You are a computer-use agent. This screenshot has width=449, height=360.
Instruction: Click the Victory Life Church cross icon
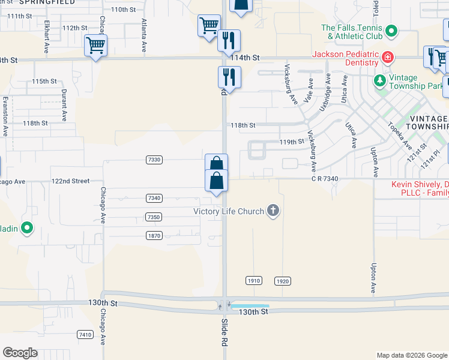[x=273, y=211]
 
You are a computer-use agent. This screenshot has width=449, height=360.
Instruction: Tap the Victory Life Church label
[x=229, y=211]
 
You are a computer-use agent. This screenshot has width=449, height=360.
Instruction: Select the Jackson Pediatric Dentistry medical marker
[x=388, y=58]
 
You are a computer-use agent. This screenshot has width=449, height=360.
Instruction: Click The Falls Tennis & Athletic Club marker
[x=391, y=30]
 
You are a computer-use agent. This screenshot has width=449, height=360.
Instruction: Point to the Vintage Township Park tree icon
[x=379, y=80]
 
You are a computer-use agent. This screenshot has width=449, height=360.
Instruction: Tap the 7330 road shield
[x=154, y=160]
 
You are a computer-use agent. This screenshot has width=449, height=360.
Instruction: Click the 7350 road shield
[x=154, y=217]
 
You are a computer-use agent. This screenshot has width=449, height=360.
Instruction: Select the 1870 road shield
[x=154, y=236]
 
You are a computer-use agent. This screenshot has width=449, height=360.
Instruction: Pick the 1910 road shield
[x=253, y=281]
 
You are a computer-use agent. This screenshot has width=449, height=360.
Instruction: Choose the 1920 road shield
[x=283, y=281]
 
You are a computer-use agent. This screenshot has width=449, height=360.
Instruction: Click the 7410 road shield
[x=85, y=334]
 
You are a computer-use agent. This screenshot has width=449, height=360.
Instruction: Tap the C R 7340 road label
[x=325, y=178]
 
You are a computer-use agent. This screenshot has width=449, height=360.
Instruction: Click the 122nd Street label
[x=70, y=181]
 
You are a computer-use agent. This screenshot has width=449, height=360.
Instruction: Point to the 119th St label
[x=292, y=142]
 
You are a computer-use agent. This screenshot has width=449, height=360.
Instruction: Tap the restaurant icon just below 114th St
[x=229, y=76]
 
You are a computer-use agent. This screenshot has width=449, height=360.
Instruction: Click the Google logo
[x=20, y=353]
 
